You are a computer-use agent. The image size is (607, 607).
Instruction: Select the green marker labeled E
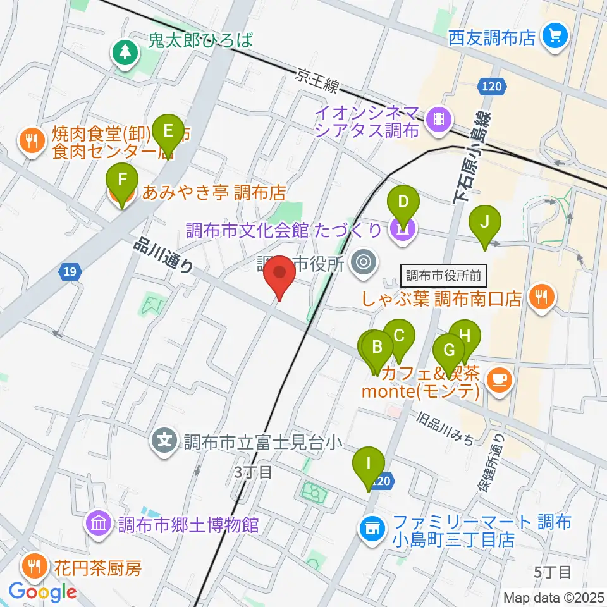[168, 132]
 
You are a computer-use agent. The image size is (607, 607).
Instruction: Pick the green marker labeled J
[485, 223]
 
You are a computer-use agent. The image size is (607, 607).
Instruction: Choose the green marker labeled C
[399, 336]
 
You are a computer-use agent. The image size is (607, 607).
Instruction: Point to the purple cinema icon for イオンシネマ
[438, 118]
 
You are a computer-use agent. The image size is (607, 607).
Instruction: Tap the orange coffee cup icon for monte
[500, 379]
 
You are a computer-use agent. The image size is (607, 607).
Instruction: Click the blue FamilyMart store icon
[372, 527]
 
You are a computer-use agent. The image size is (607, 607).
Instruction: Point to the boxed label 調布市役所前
[444, 276]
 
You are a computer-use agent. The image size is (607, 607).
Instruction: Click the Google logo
[43, 592]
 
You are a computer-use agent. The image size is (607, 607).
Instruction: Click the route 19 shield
[70, 273]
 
